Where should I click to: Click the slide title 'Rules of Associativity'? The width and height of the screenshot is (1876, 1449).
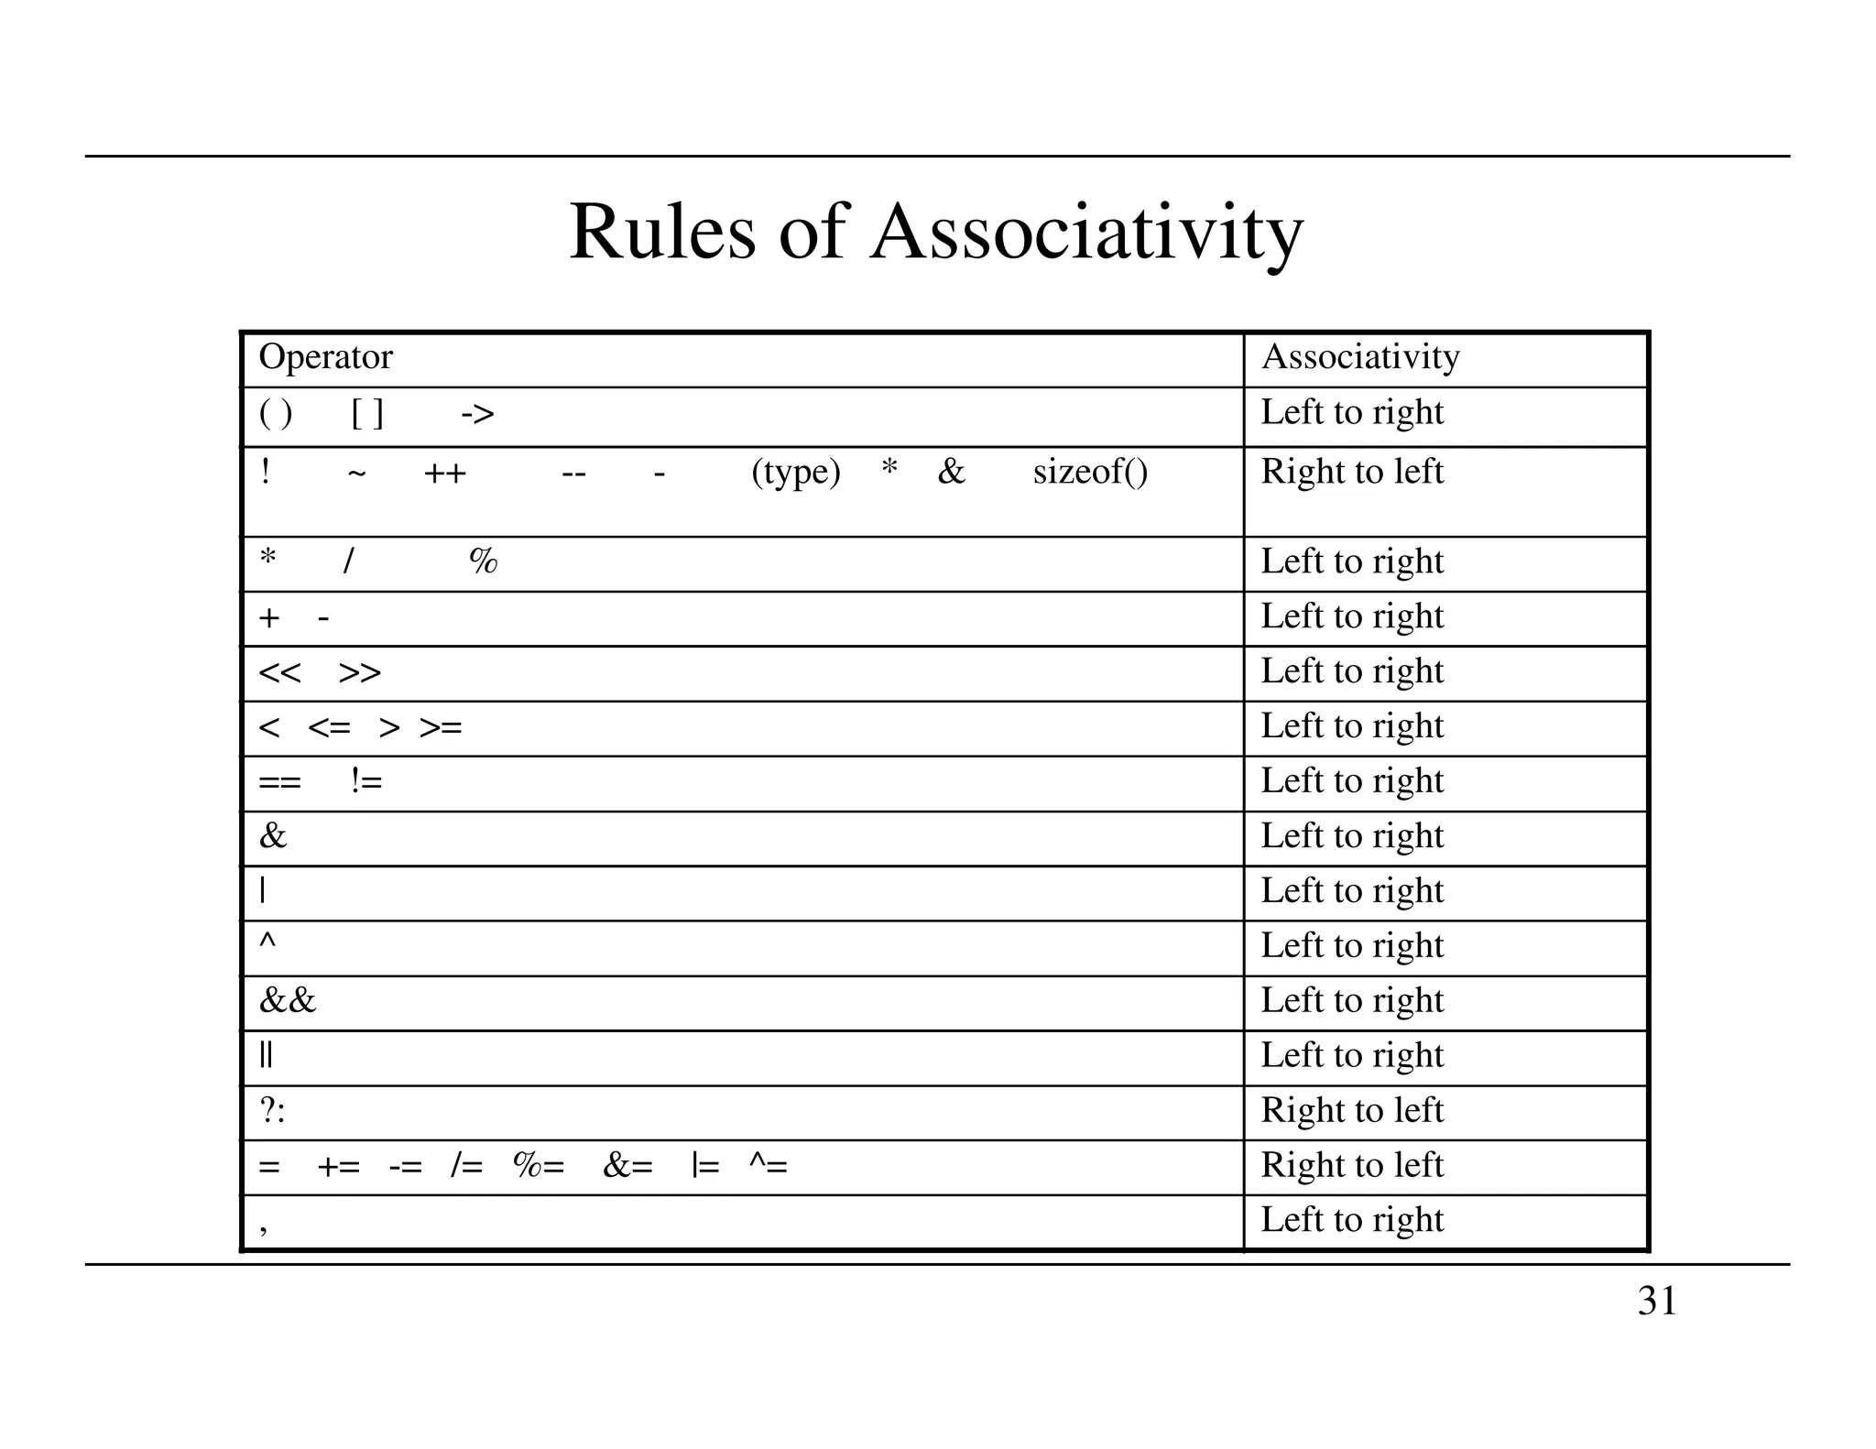(x=936, y=233)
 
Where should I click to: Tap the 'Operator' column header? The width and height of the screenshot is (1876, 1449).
(x=325, y=356)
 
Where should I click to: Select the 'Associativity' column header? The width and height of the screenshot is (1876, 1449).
(x=1360, y=356)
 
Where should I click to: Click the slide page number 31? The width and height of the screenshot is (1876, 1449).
(x=1657, y=1301)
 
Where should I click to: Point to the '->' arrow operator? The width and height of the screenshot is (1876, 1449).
(x=477, y=414)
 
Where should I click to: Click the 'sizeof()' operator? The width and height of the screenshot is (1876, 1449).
(x=1090, y=472)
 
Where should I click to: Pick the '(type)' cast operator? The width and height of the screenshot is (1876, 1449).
(x=795, y=472)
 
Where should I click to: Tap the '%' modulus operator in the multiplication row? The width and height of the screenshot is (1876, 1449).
(x=483, y=561)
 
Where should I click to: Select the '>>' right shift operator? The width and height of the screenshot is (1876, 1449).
(x=359, y=672)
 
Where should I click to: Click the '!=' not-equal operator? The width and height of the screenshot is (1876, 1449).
(x=366, y=781)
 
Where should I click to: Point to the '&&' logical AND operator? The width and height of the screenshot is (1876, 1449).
(x=287, y=1000)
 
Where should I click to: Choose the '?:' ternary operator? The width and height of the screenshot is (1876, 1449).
(x=272, y=1110)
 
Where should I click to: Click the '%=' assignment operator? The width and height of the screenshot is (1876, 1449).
(x=539, y=1165)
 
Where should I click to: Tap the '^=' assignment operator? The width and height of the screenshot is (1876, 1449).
(x=768, y=1165)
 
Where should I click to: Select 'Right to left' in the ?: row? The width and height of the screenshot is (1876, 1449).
(x=1352, y=1110)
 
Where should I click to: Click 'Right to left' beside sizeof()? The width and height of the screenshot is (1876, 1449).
(x=1352, y=472)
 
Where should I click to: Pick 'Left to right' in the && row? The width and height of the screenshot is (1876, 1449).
(x=1352, y=1000)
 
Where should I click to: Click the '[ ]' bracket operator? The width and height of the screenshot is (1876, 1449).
(x=367, y=414)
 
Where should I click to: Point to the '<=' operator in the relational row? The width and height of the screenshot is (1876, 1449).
(x=329, y=728)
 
